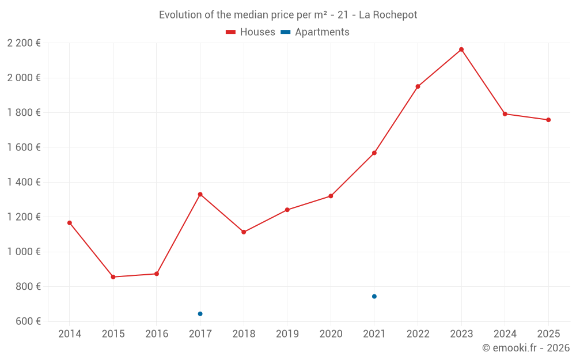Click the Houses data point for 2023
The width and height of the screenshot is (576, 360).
461,50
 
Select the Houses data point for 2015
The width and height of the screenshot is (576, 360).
113,277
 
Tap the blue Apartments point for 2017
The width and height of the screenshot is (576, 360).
200,314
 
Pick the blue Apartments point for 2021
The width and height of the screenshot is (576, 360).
374,297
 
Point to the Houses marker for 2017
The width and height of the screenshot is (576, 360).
200,194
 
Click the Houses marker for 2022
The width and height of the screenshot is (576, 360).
418,86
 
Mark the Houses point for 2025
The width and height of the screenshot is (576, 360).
548,120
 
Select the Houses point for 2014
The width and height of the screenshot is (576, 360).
70,223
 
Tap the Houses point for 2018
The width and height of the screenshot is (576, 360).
244,232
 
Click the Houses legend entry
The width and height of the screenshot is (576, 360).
251,32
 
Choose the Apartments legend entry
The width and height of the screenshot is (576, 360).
316,32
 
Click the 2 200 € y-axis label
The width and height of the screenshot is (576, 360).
24,43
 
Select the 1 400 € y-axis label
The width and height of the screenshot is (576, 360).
24,182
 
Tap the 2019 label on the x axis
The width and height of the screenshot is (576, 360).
287,334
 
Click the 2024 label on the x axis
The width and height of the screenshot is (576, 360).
505,334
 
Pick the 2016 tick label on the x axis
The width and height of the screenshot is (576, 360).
157,334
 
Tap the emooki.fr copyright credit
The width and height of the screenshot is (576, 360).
525,348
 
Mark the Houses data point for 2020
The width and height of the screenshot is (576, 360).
331,196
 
